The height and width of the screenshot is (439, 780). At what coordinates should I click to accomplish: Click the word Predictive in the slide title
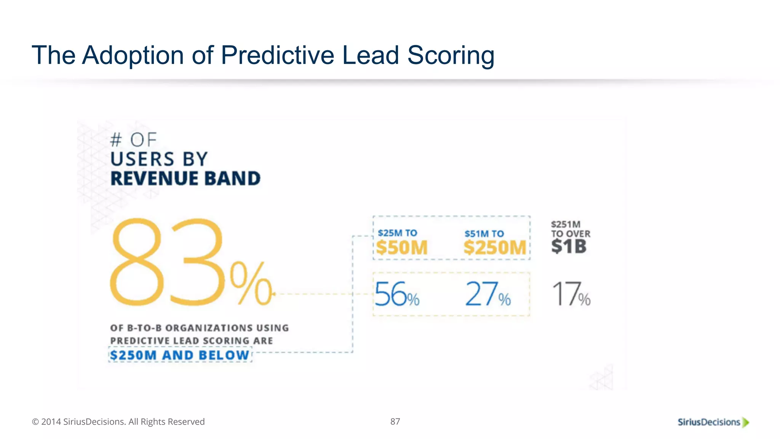[x=277, y=55]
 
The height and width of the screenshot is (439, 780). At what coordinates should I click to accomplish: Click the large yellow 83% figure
[x=190, y=263]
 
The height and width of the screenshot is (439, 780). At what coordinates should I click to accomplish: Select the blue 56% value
[x=396, y=294]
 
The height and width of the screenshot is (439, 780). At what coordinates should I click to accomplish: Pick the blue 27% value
[x=487, y=294]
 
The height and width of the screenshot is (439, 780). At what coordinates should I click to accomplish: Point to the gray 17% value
[x=571, y=294]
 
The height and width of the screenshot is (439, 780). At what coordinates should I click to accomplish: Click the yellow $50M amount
[x=402, y=248]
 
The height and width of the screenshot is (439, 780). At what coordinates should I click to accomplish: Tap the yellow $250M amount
[x=495, y=248]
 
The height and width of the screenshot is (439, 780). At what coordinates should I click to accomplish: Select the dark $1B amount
[x=569, y=247]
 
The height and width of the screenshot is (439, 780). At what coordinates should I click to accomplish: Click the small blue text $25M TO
[x=397, y=233]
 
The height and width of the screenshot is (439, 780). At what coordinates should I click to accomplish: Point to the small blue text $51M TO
[x=484, y=234]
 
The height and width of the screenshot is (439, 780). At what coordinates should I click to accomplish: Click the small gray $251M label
[x=566, y=224]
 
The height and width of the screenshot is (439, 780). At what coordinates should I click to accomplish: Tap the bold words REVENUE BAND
[x=185, y=179]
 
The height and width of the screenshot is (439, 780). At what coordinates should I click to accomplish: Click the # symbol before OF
[x=116, y=140]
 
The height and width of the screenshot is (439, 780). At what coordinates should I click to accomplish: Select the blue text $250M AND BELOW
[x=179, y=355]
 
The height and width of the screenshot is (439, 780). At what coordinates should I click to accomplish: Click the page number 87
[x=395, y=421]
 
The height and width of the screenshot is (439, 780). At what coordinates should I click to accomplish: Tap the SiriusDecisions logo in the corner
[x=709, y=422]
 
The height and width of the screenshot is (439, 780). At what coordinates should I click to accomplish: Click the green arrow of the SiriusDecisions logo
[x=746, y=422]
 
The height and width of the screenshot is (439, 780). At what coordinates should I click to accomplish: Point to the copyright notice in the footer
[x=118, y=422]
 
